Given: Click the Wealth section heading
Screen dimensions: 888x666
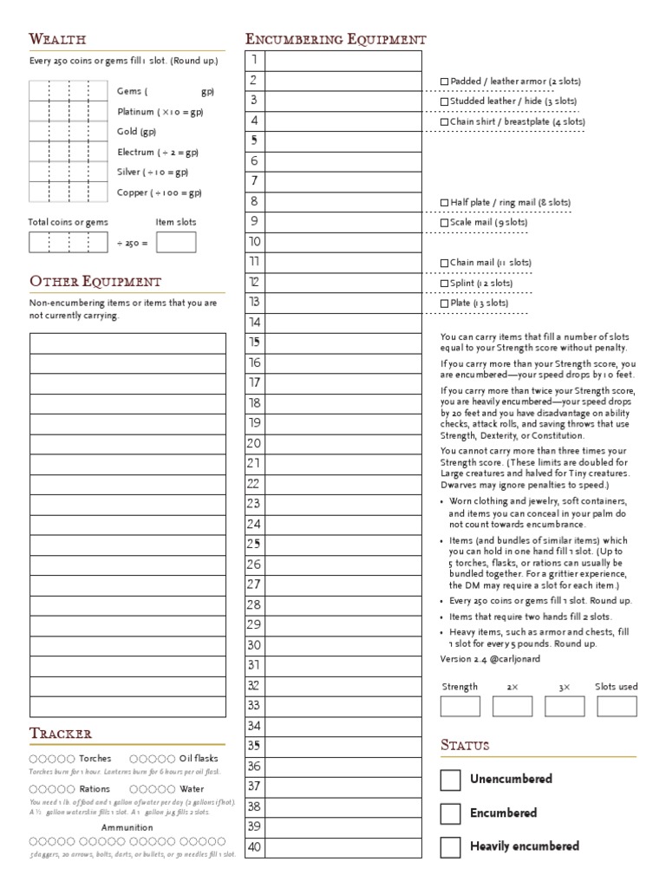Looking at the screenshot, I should pos(57,39).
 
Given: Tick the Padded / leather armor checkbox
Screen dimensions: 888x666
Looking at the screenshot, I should pos(445,82).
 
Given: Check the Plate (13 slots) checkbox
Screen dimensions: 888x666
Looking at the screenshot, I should pos(445,304).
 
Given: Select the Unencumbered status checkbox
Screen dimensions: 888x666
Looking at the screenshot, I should pos(450,780).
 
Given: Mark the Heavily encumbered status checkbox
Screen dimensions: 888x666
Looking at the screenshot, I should pos(450,846).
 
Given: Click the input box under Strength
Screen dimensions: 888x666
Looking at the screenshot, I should pos(460,706).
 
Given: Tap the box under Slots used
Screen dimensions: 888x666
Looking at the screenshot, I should pos(616,706).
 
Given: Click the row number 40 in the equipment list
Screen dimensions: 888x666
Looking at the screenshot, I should pos(254,847).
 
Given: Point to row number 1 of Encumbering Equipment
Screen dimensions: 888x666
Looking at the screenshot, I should pos(254,60).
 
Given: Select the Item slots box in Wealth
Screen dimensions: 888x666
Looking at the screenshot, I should pos(175,242).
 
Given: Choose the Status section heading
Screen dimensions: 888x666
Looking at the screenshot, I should pos(465,745).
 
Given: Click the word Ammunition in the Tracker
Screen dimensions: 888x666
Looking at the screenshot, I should pos(127,827).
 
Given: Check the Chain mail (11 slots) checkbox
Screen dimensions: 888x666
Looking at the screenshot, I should pos(445,263).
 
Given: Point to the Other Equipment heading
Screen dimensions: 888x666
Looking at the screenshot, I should pos(95,282).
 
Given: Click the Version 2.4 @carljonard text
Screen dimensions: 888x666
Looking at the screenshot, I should pos(489,659).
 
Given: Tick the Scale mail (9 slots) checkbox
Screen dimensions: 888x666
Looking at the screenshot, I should pos(445,223).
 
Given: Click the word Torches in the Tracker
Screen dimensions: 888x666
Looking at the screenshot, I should pos(95,759).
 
